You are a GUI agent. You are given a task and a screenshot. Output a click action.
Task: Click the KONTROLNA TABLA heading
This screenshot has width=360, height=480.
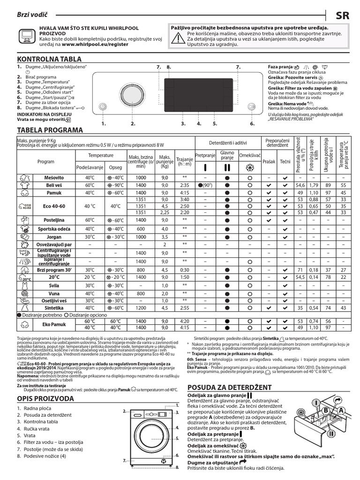tap(49, 59)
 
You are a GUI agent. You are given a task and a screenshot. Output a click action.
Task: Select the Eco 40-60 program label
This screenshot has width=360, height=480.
tap(52, 206)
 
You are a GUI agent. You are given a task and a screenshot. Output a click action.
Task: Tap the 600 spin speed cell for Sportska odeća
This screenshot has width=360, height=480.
tap(140, 229)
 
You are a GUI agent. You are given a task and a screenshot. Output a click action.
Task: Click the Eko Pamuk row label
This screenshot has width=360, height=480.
tap(52, 324)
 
